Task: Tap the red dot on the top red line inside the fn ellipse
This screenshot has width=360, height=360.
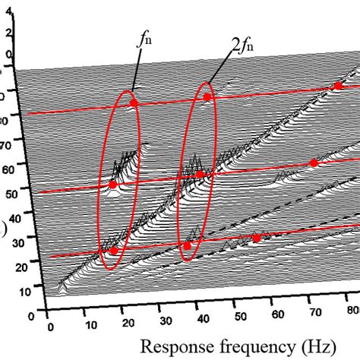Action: click(x=134, y=103)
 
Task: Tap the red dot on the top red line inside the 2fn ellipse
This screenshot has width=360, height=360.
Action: click(x=207, y=96)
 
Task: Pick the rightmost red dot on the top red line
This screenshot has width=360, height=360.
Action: click(x=338, y=87)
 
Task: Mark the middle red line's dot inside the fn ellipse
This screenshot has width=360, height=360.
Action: click(x=113, y=185)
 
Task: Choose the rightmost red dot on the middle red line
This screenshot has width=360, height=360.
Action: click(x=314, y=163)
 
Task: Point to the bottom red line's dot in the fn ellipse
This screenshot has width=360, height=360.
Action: click(x=114, y=251)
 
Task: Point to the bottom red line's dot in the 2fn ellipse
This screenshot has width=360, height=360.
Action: click(x=188, y=245)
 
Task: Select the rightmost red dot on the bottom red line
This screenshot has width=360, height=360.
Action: click(x=256, y=238)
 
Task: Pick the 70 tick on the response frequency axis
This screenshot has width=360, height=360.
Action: click(x=311, y=313)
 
